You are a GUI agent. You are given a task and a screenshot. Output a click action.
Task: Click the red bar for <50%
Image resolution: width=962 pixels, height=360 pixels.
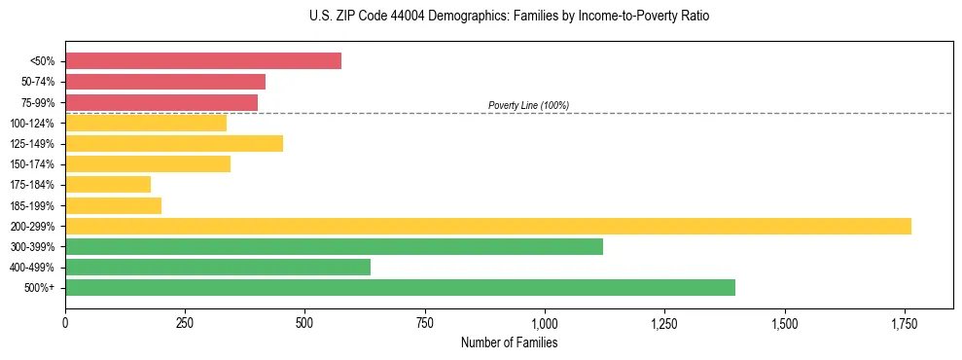(203, 61)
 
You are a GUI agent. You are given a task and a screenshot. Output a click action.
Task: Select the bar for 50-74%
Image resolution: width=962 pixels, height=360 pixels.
(165, 82)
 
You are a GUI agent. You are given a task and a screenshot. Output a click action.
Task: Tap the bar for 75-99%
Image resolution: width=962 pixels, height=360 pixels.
(161, 102)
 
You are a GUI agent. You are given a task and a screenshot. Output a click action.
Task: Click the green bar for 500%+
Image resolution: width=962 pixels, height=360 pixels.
(400, 287)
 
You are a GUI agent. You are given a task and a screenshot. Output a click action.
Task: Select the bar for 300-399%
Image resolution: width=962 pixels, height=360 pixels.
(334, 246)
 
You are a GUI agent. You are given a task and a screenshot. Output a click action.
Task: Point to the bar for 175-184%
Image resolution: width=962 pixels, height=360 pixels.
(108, 184)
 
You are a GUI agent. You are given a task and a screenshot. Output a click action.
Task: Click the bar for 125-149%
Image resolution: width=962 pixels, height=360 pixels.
(174, 143)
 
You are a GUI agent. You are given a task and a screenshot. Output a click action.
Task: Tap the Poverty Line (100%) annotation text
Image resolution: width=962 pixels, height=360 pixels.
(528, 105)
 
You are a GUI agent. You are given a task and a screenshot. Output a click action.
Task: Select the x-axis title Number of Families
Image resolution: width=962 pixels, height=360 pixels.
(509, 342)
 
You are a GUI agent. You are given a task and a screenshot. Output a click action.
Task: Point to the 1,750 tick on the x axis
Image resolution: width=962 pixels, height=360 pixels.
(904, 322)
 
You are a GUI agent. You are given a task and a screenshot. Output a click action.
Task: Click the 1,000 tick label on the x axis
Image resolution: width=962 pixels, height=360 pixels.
(544, 322)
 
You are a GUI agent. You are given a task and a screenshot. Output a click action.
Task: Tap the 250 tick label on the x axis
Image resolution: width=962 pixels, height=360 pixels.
(185, 322)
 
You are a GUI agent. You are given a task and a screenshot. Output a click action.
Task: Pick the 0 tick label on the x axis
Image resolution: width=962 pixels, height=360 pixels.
(65, 322)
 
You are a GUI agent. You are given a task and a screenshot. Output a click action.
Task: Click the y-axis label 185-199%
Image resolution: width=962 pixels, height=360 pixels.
(32, 205)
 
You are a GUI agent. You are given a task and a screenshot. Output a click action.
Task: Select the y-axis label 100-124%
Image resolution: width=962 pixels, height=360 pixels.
(32, 123)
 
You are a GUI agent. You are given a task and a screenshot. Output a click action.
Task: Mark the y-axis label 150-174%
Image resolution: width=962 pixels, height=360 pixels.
(32, 164)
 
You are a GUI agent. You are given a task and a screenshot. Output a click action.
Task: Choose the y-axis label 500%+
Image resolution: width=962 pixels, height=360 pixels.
(39, 288)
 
